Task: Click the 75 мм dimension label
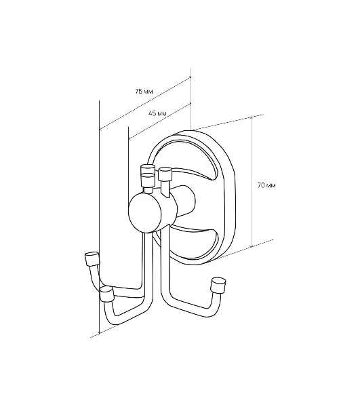tap(144, 91)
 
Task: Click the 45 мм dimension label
tap(157, 113)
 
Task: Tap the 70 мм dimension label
tap(266, 185)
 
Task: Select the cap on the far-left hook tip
tap(92, 258)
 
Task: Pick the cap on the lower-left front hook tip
tap(107, 293)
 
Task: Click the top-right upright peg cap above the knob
tap(165, 174)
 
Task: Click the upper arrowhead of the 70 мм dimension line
tap(251, 118)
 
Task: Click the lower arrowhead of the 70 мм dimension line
tap(251, 245)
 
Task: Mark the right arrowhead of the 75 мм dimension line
tap(190, 77)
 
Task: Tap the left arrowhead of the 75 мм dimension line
tap(102, 128)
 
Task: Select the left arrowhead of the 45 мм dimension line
tap(130, 138)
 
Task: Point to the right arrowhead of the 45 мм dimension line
tap(190, 104)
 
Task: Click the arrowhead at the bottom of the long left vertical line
tap(100, 332)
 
